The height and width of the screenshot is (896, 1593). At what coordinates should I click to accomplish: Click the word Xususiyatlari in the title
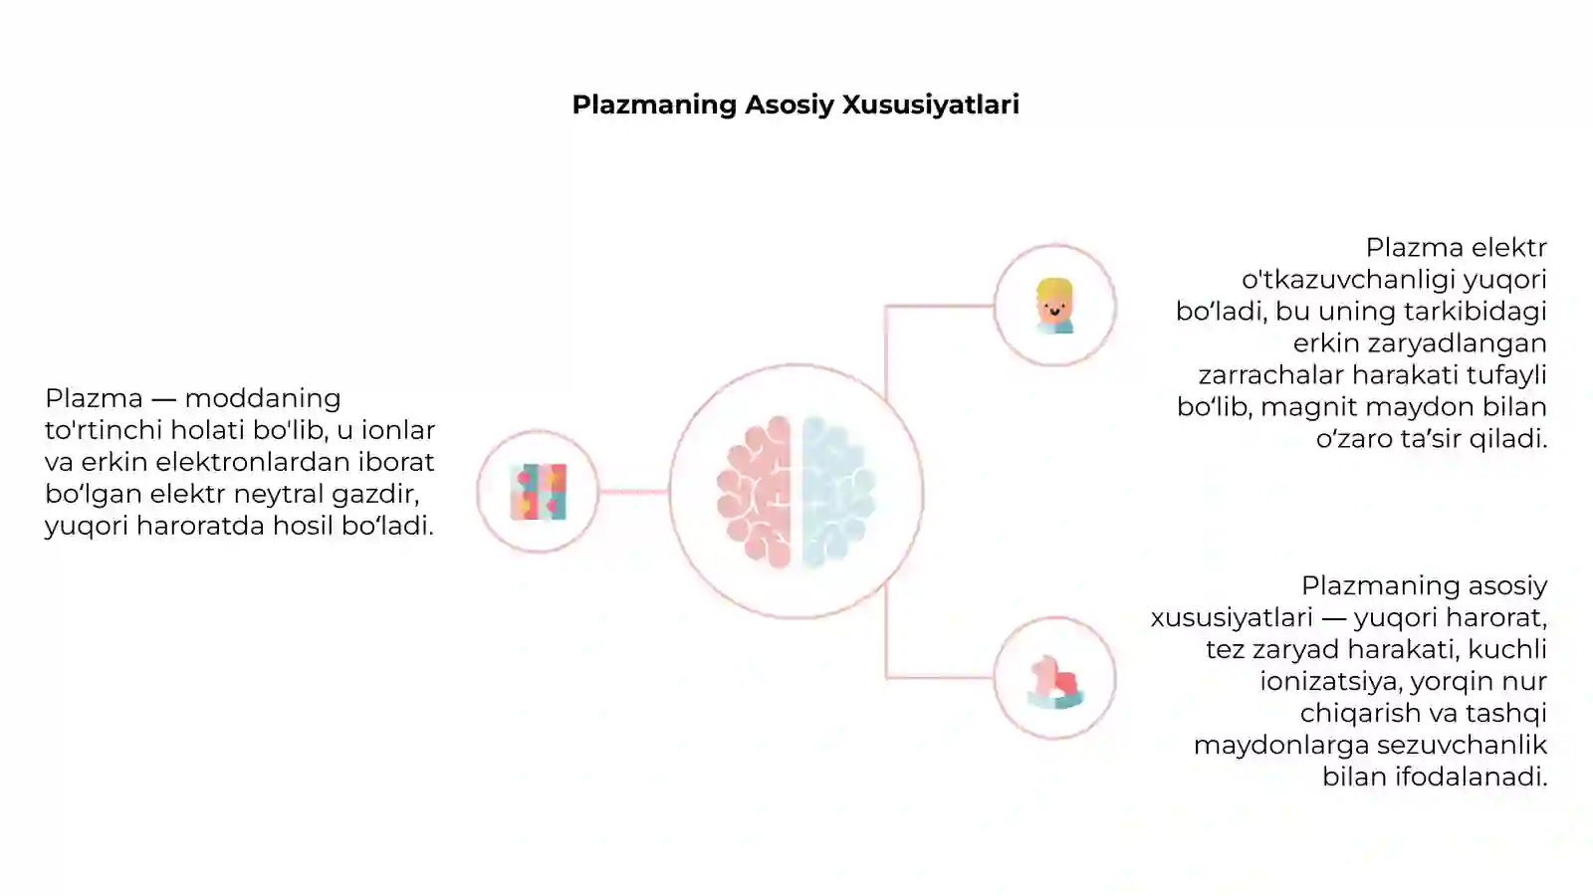click(x=930, y=105)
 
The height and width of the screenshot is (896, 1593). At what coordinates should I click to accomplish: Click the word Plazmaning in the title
click(x=654, y=106)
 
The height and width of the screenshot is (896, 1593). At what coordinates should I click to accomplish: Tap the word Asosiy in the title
click(x=790, y=106)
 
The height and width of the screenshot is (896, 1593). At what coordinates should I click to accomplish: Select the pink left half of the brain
click(x=755, y=492)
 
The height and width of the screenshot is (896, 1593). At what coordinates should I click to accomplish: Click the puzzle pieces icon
click(x=539, y=492)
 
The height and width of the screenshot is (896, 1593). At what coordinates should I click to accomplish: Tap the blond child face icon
click(x=1054, y=306)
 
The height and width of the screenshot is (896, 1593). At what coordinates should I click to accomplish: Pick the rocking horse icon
click(x=1055, y=682)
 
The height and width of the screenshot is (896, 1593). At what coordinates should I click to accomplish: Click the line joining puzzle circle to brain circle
click(x=634, y=491)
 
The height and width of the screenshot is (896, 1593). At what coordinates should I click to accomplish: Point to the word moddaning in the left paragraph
click(x=263, y=399)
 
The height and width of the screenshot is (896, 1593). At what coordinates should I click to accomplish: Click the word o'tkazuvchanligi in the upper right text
click(x=1348, y=280)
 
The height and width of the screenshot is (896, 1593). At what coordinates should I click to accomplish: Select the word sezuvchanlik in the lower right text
click(x=1463, y=746)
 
